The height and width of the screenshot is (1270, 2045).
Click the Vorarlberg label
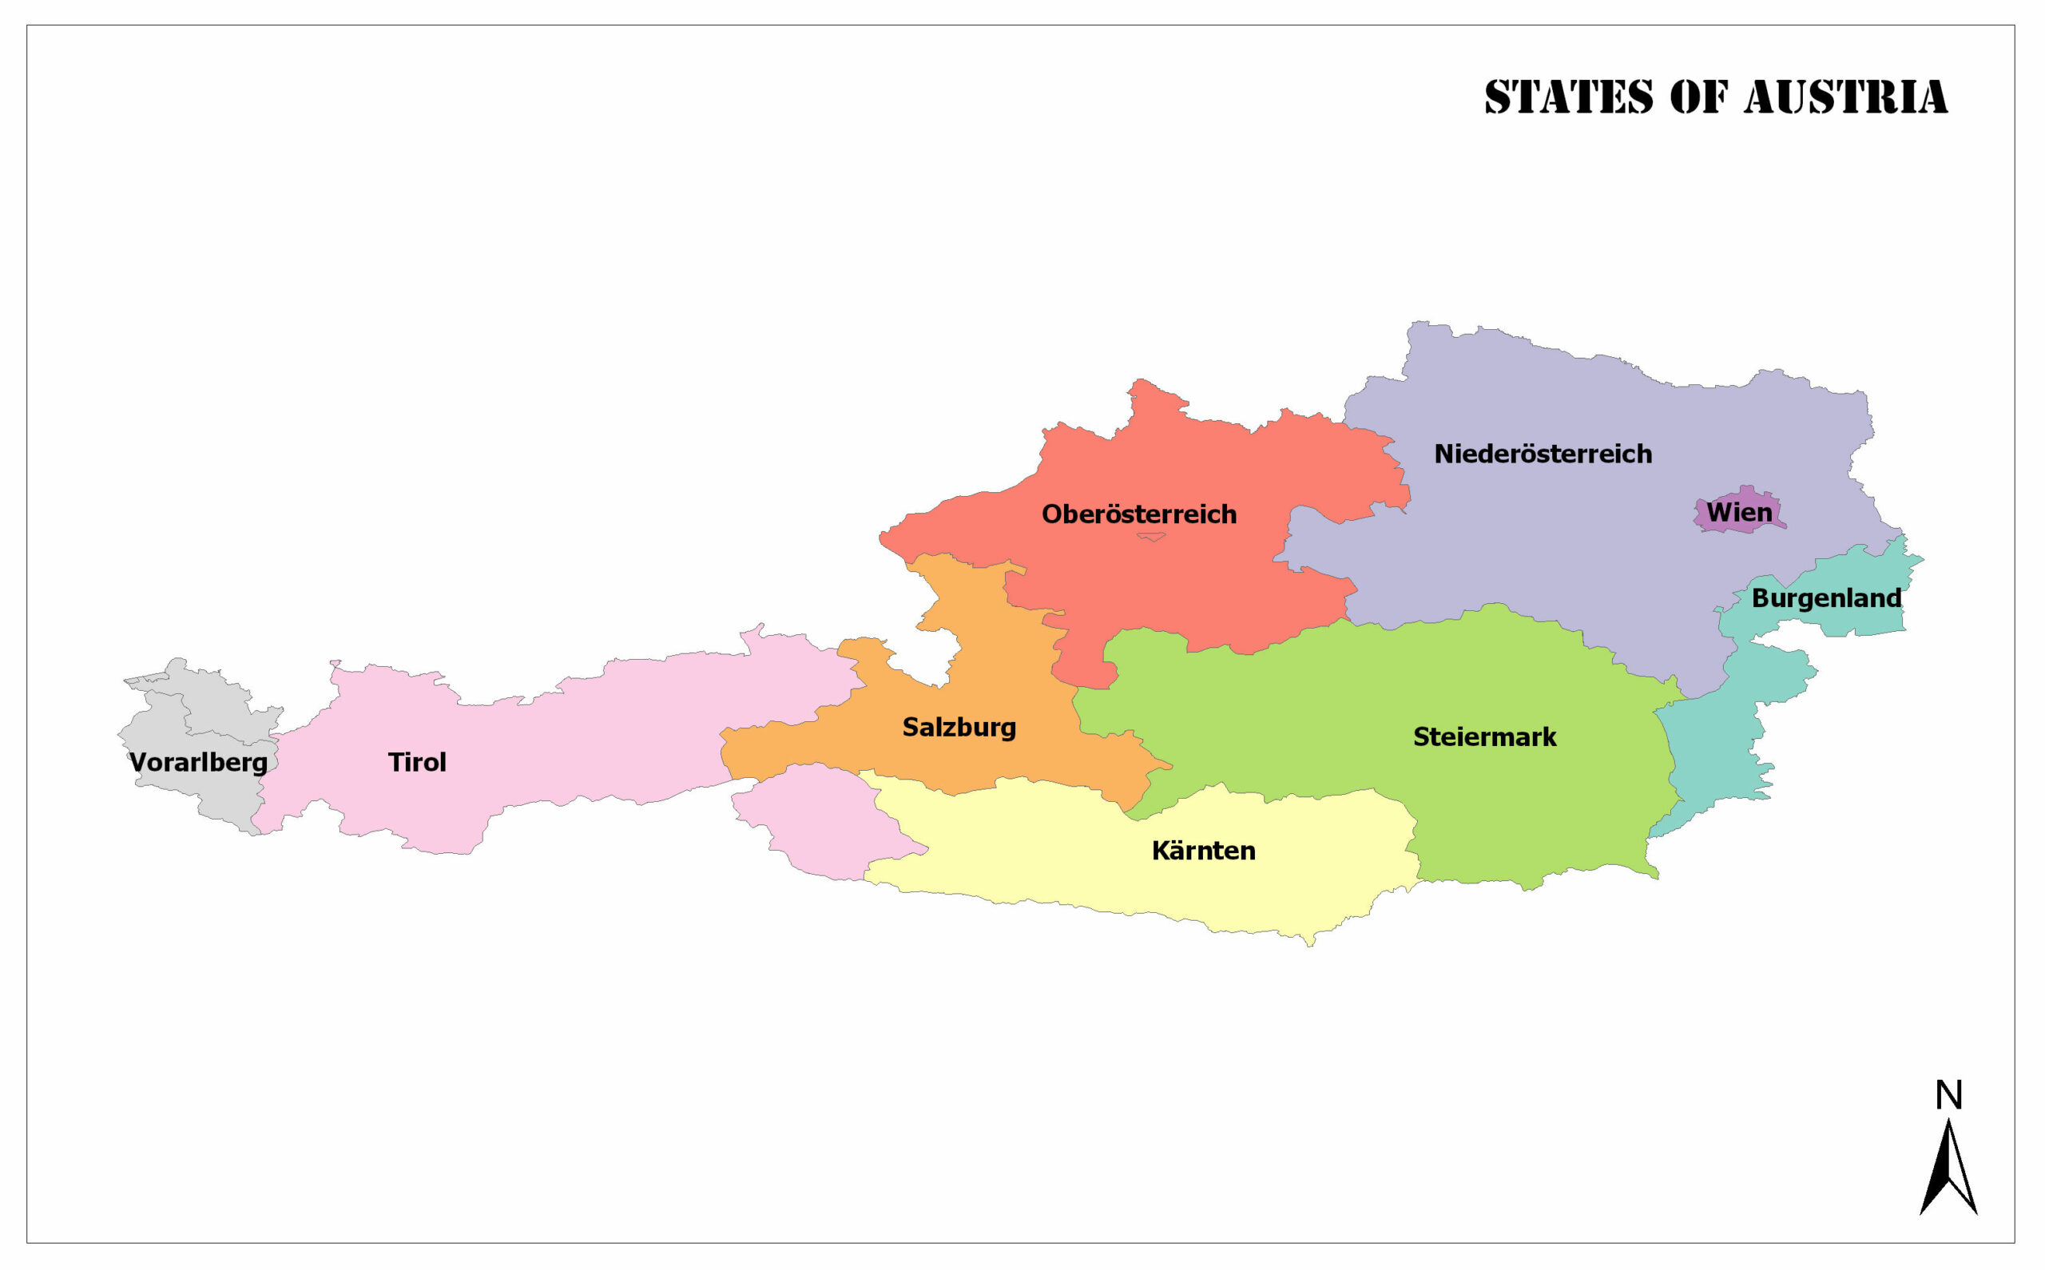click(x=198, y=762)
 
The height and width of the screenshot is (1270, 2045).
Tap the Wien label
click(x=1738, y=511)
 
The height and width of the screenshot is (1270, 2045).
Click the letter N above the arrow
click(x=1948, y=1095)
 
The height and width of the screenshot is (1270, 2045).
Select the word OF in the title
click(x=1698, y=97)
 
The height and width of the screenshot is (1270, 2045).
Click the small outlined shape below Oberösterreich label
click(x=1150, y=537)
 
